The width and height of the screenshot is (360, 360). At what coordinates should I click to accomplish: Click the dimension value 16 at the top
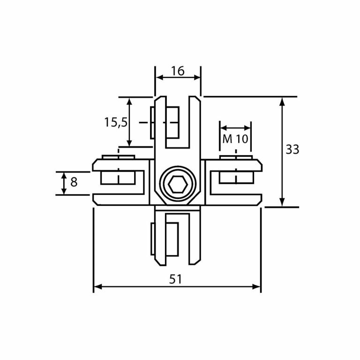pyautogui.click(x=178, y=71)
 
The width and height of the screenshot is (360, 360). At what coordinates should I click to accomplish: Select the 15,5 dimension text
pyautogui.click(x=115, y=122)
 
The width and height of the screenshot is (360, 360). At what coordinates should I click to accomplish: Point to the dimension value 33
pyautogui.click(x=292, y=150)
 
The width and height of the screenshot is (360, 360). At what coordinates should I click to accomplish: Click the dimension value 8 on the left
pyautogui.click(x=74, y=182)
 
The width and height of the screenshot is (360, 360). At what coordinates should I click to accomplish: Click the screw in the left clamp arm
pyautogui.click(x=119, y=177)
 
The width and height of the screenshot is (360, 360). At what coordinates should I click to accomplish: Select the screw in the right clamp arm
pyautogui.click(x=237, y=177)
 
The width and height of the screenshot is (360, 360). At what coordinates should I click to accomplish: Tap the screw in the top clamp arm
pyautogui.click(x=165, y=123)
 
